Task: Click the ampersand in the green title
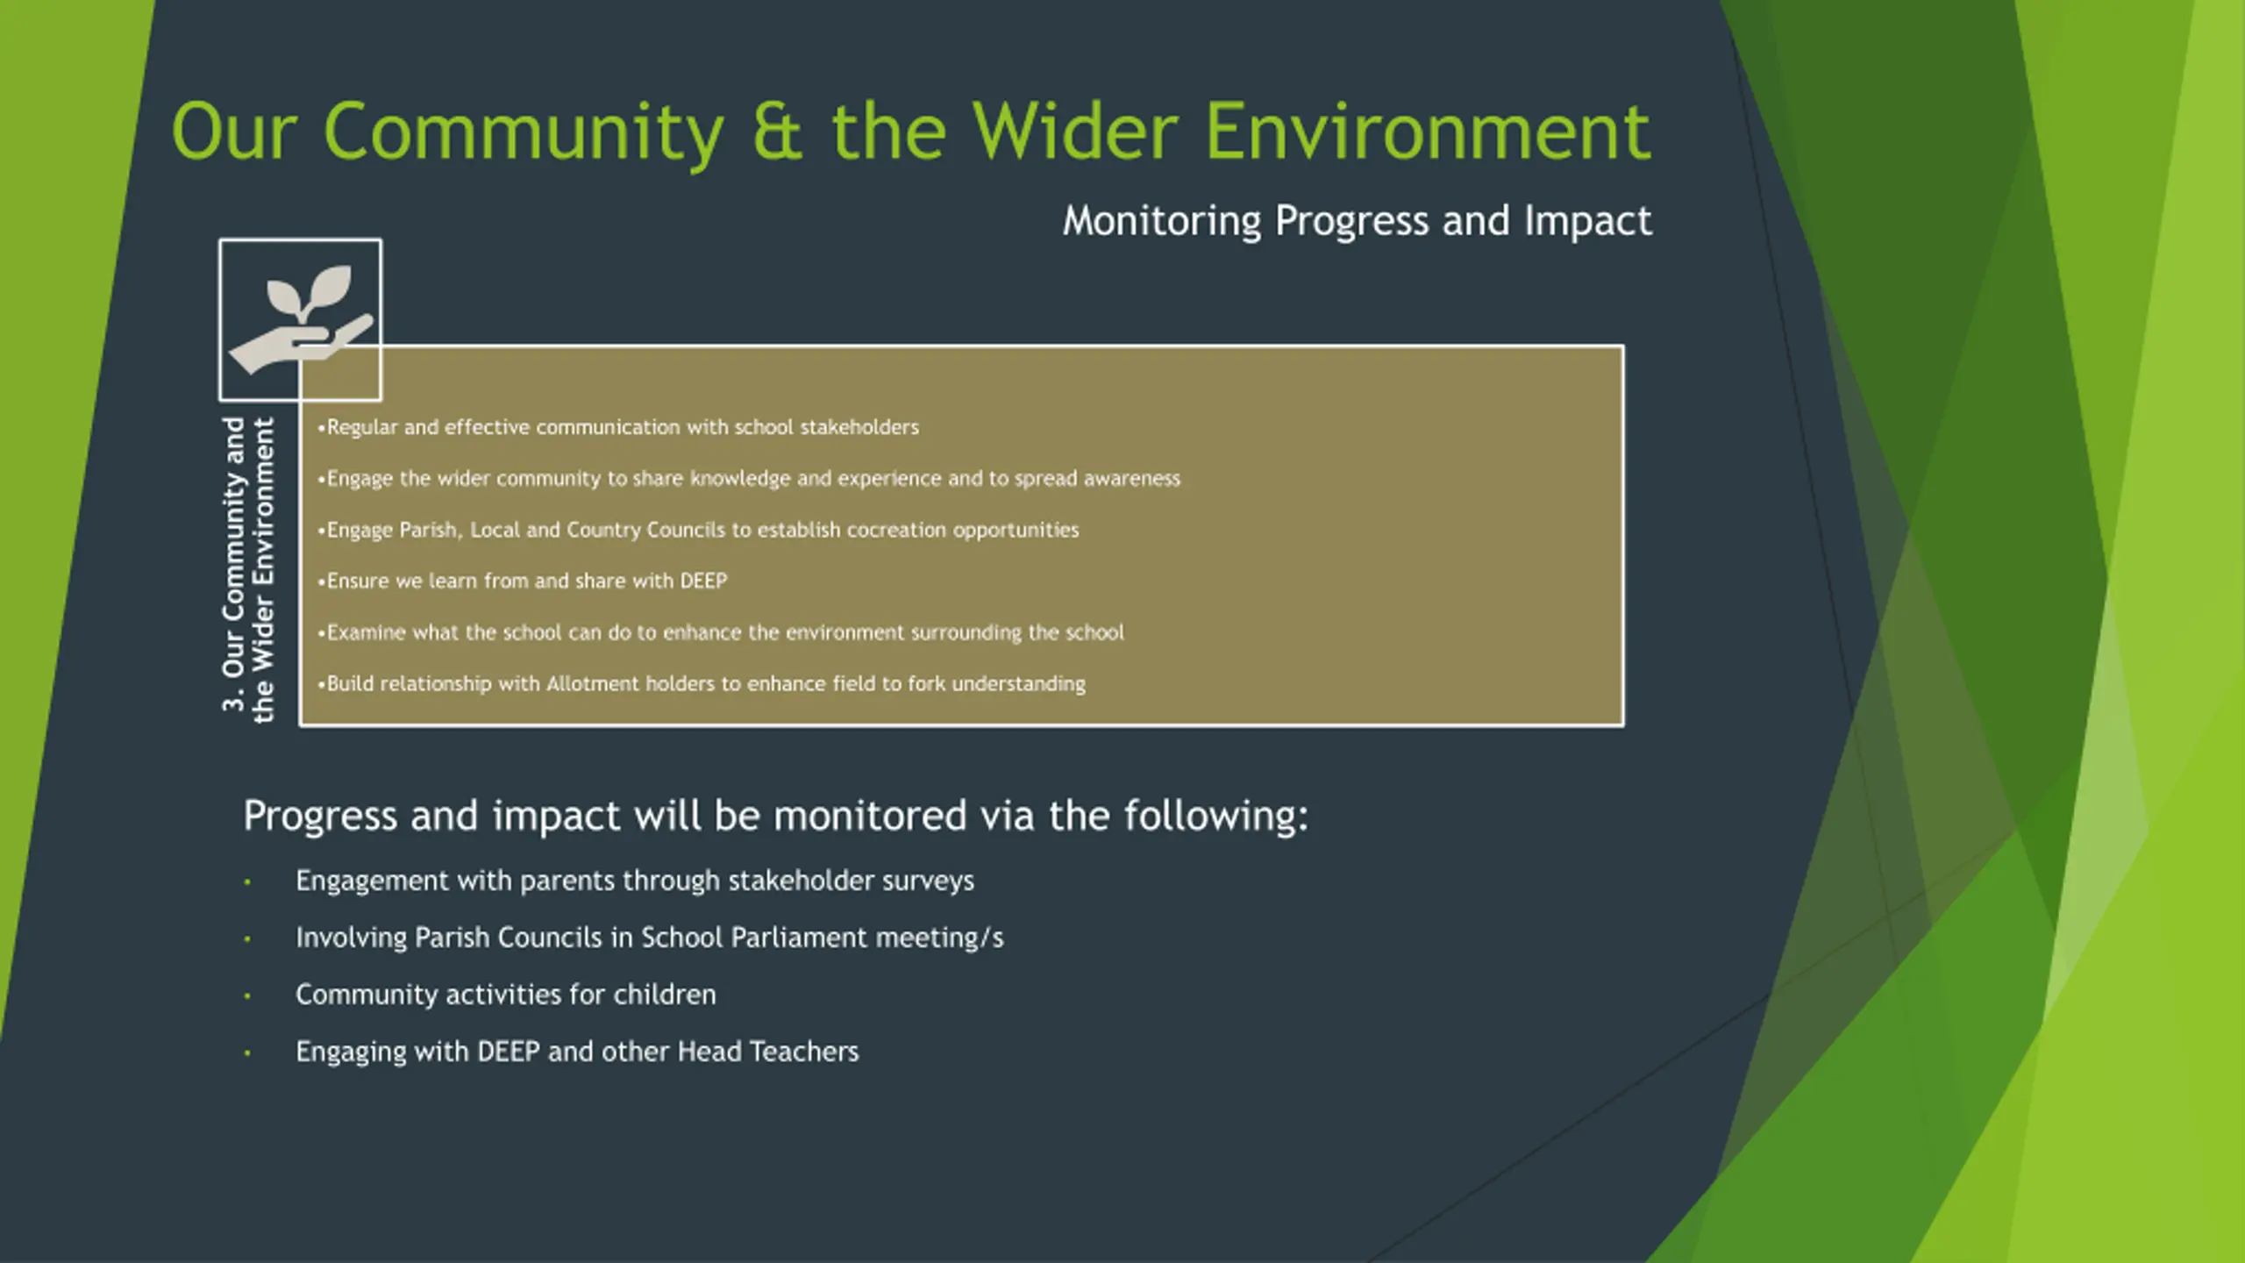pyautogui.click(x=777, y=132)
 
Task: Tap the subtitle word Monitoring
pyautogui.click(x=1162, y=221)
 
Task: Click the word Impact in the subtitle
pyautogui.click(x=1588, y=221)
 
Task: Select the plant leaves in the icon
pyautogui.click(x=309, y=292)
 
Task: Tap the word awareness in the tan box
pyautogui.click(x=1132, y=478)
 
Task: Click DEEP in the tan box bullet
pyautogui.click(x=703, y=581)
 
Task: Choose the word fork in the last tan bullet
pyautogui.click(x=926, y=683)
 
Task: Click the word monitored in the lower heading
pyautogui.click(x=870, y=816)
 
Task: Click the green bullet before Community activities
pyautogui.click(x=247, y=995)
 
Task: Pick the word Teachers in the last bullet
pyautogui.click(x=804, y=1052)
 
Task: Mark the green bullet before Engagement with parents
pyautogui.click(x=247, y=881)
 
